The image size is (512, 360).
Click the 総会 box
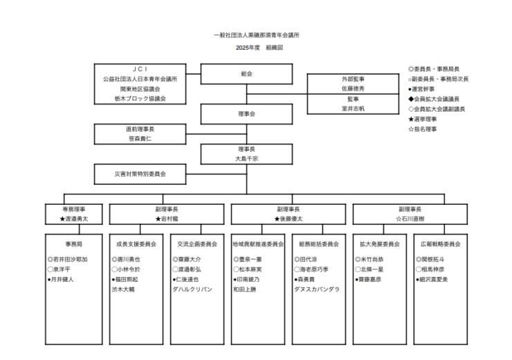point(246,73)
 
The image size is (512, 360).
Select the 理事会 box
point(246,114)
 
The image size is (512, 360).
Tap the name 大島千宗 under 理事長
point(246,159)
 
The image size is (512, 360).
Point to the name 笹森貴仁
point(140,138)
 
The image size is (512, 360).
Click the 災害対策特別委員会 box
point(140,173)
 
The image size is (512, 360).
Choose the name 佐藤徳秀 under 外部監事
point(353,89)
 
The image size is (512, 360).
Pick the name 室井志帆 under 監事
point(353,109)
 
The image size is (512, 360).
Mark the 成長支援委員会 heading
point(136,244)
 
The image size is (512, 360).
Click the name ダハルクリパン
point(197,289)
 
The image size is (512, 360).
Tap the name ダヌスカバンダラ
point(317,289)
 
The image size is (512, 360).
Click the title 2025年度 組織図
point(257,48)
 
